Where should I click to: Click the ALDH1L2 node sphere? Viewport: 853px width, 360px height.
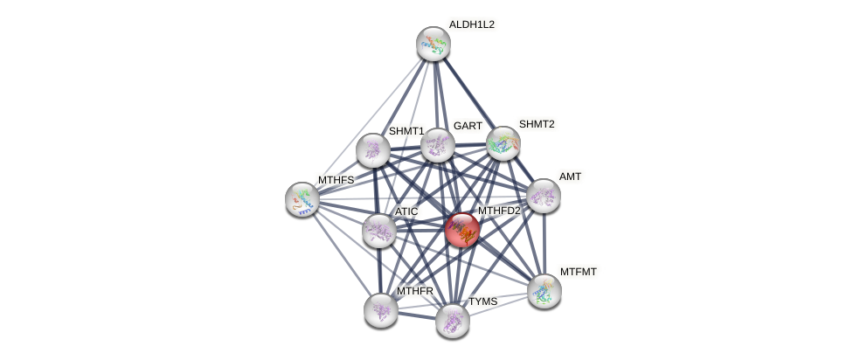pos(432,43)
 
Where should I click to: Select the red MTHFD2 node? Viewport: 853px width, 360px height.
pos(461,230)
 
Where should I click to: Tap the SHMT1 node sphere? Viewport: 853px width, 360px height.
pos(372,149)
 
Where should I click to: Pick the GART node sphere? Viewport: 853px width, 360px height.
pos(437,144)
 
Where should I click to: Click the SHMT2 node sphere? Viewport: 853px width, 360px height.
pos(503,142)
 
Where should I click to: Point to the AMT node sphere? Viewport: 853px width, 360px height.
pos(543,196)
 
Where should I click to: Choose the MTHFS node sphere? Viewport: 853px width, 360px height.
pos(302,198)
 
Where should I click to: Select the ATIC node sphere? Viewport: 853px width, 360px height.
pos(378,231)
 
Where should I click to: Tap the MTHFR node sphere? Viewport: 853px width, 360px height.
pos(380,309)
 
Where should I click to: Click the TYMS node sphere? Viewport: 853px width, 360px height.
pos(452,320)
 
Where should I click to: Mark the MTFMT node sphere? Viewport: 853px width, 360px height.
pos(544,290)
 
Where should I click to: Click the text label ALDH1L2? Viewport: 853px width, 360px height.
pos(472,24)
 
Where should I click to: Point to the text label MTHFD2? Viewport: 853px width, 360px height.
pos(498,211)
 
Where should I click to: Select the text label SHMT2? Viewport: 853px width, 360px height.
pos(537,124)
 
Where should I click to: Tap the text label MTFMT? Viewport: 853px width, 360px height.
pos(579,272)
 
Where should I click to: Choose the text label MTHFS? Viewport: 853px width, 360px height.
pos(336,180)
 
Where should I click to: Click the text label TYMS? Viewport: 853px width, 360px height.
pos(482,301)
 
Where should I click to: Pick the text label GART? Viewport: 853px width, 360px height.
pos(468,126)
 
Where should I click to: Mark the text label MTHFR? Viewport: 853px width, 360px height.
pos(414,291)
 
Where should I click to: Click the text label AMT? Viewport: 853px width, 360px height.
pos(570,177)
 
